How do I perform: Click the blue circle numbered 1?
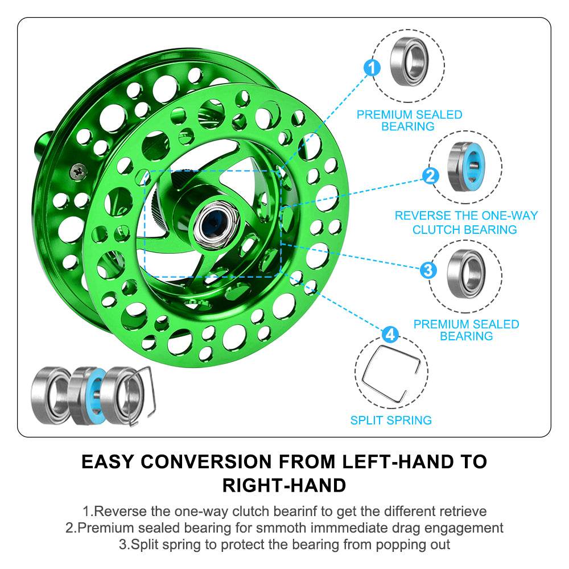click(x=372, y=69)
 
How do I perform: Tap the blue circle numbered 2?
click(x=431, y=176)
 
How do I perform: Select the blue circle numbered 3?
click(x=428, y=269)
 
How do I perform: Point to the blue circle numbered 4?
click(x=389, y=334)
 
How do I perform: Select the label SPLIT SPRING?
click(x=391, y=420)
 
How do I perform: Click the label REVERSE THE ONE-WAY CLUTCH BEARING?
click(x=465, y=222)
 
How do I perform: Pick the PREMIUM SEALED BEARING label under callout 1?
click(x=409, y=120)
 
